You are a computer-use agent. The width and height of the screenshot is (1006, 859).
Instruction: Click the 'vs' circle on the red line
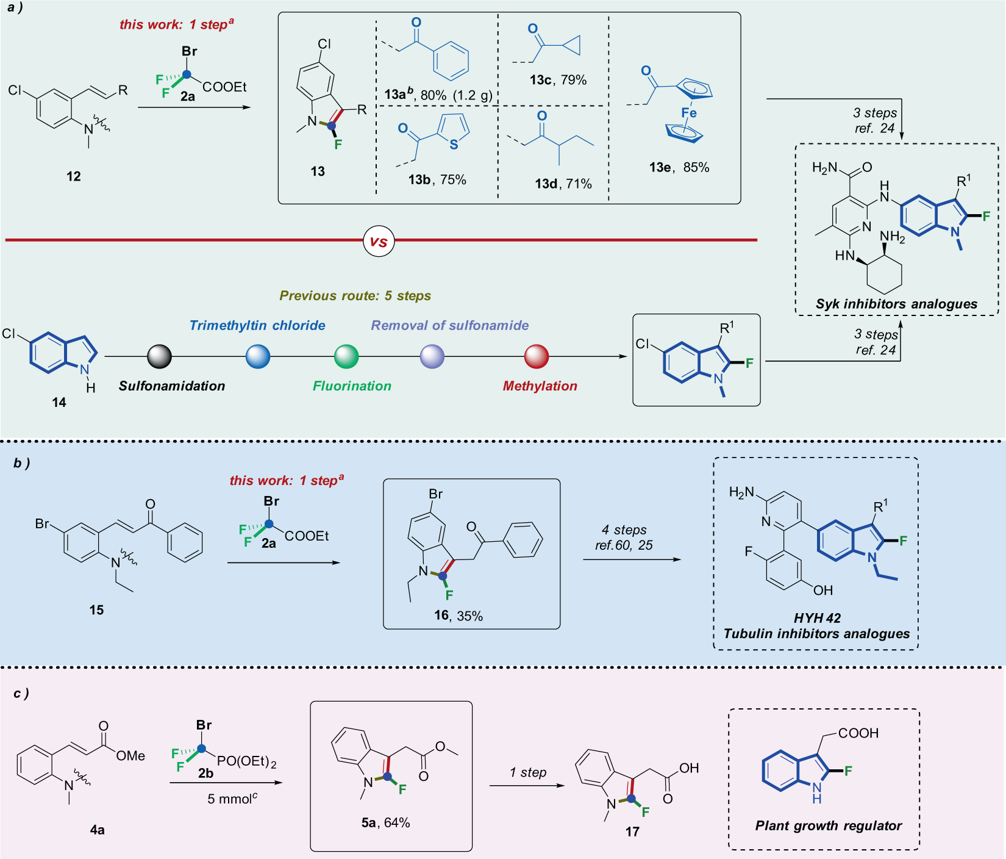tap(379, 241)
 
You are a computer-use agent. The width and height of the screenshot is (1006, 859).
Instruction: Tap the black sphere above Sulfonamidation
tap(160, 357)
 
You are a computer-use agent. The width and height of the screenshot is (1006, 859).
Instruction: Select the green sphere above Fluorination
tap(346, 357)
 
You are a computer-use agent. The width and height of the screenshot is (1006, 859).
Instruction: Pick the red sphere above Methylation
tap(537, 357)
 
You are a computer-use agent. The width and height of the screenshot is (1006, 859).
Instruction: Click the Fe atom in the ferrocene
tap(689, 113)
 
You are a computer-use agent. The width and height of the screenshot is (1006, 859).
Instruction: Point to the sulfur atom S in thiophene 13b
tap(454, 145)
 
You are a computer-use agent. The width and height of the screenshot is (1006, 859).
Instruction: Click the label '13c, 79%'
tap(558, 80)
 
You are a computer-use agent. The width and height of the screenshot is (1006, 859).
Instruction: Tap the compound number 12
tap(73, 176)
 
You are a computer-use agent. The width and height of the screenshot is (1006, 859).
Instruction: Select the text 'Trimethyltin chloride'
tap(257, 325)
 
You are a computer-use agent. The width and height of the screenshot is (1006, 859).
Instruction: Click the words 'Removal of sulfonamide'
tap(450, 325)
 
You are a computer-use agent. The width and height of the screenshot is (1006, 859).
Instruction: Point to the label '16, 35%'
tap(458, 616)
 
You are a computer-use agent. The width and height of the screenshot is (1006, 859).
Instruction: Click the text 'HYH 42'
tap(817, 618)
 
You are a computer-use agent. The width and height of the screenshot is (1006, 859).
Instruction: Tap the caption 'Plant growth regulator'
tap(828, 825)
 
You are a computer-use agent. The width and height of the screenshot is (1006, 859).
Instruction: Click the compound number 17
tap(632, 832)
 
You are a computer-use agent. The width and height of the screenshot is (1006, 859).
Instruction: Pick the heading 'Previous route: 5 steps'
tap(355, 296)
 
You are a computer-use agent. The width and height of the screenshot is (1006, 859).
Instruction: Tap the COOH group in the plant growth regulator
tap(858, 733)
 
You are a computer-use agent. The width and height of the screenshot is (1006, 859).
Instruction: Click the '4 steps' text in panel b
tap(624, 530)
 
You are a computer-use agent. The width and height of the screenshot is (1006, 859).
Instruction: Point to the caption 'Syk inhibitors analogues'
tap(896, 304)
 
